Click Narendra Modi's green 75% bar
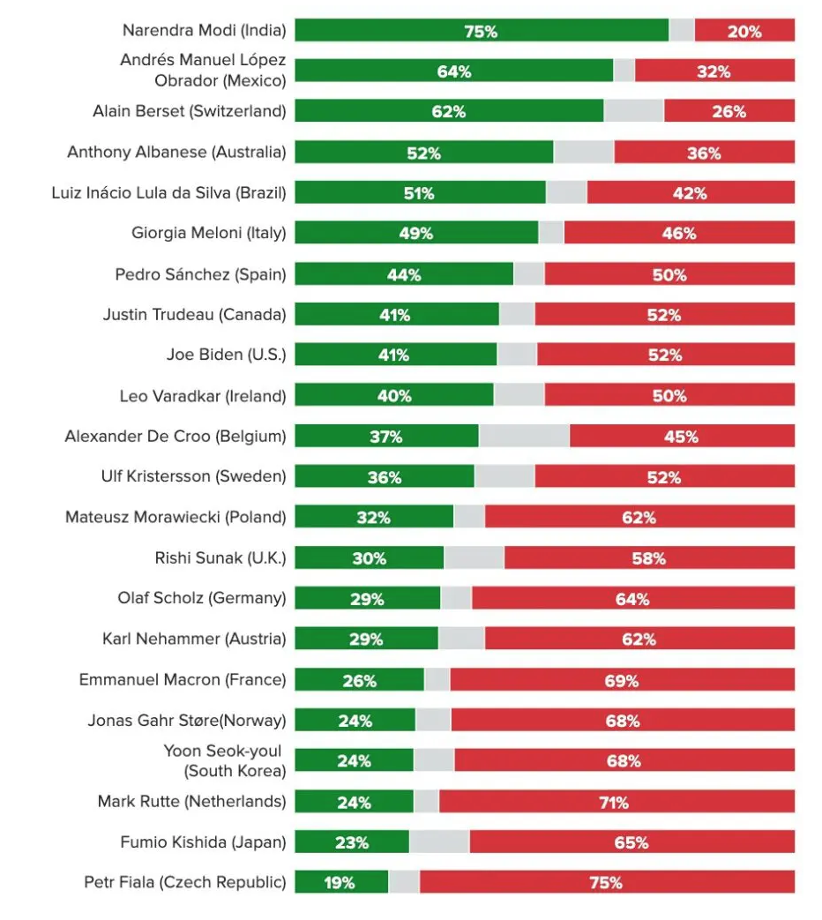481,31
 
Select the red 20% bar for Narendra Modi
744,31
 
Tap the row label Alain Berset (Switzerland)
190,111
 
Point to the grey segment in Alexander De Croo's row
524,436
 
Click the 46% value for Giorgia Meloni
679,233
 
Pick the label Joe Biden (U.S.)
227,355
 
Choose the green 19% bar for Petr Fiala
341,882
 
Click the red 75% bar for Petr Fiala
607,882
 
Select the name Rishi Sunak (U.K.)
220,557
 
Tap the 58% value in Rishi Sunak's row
649,557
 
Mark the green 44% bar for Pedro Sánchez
404,274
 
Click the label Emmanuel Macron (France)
183,679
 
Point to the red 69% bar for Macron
622,679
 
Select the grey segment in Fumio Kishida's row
439,841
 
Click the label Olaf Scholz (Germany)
202,598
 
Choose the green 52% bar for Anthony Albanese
423,153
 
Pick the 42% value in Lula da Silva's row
690,193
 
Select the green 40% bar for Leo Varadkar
394,395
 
